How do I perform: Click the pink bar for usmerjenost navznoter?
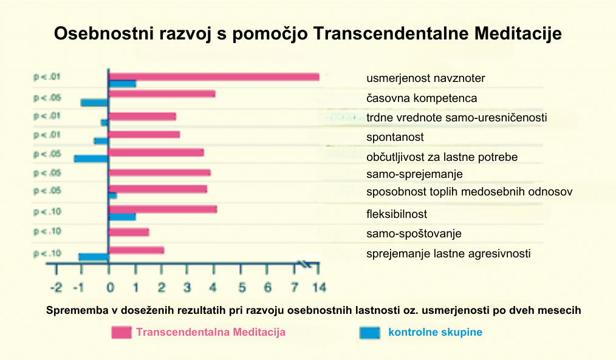(x=213, y=76)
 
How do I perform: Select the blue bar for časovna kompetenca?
(x=94, y=102)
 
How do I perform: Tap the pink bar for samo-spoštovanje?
(x=128, y=232)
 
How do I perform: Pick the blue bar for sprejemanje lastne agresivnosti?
(x=93, y=257)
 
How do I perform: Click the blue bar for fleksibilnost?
(x=121, y=217)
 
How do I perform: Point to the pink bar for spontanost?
(x=143, y=134)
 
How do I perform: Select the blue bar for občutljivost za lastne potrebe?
(x=91, y=158)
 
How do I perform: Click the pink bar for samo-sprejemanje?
(x=159, y=172)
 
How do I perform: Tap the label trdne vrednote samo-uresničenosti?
(x=456, y=117)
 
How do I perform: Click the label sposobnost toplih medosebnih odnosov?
(x=470, y=192)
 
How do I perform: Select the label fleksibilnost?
(x=397, y=214)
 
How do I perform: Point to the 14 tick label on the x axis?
(x=317, y=286)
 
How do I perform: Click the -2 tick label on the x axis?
(x=56, y=286)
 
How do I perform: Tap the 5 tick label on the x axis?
(x=241, y=286)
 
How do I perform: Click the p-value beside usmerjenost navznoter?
(x=47, y=77)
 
